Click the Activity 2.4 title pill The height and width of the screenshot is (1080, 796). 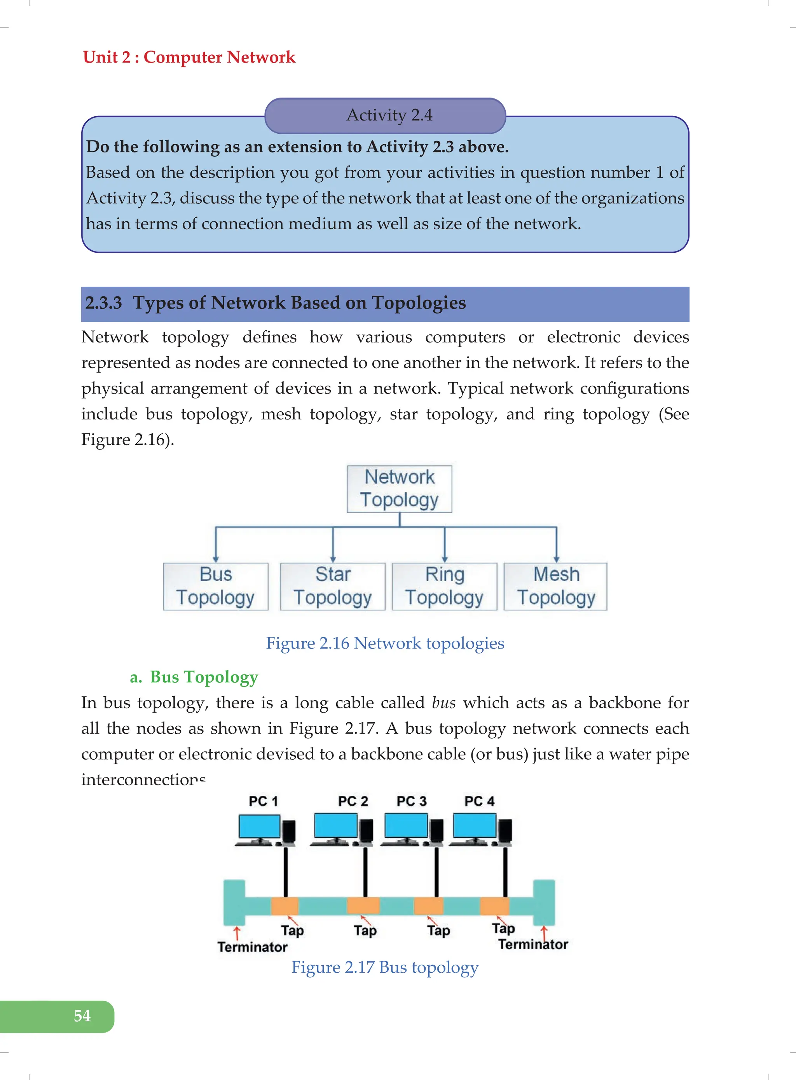[x=385, y=116]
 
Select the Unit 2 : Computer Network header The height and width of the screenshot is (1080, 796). [x=189, y=58]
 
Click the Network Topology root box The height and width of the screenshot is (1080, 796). [x=400, y=489]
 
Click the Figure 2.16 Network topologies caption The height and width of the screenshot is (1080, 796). [x=385, y=643]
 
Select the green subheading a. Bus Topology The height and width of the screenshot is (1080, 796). [x=194, y=677]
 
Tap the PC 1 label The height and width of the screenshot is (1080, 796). [x=263, y=801]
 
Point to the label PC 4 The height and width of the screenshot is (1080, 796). [x=480, y=801]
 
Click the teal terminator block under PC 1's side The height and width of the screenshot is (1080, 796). [x=234, y=902]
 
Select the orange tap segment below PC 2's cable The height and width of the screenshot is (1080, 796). [x=363, y=905]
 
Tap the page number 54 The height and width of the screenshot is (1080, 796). [x=82, y=1016]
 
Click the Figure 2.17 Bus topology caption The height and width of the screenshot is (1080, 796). [x=385, y=967]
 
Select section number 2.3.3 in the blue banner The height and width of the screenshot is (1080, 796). [x=103, y=303]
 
